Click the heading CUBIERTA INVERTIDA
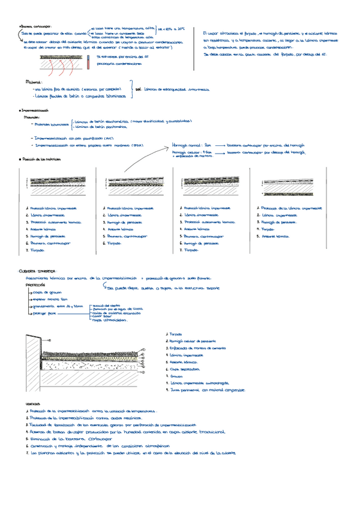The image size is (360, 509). tap(38, 271)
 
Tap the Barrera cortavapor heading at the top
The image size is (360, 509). tap(37, 26)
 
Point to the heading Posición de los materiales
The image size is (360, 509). tap(41, 160)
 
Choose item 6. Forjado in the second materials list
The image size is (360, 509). tap(113, 243)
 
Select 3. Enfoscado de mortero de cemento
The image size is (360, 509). tap(198, 348)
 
